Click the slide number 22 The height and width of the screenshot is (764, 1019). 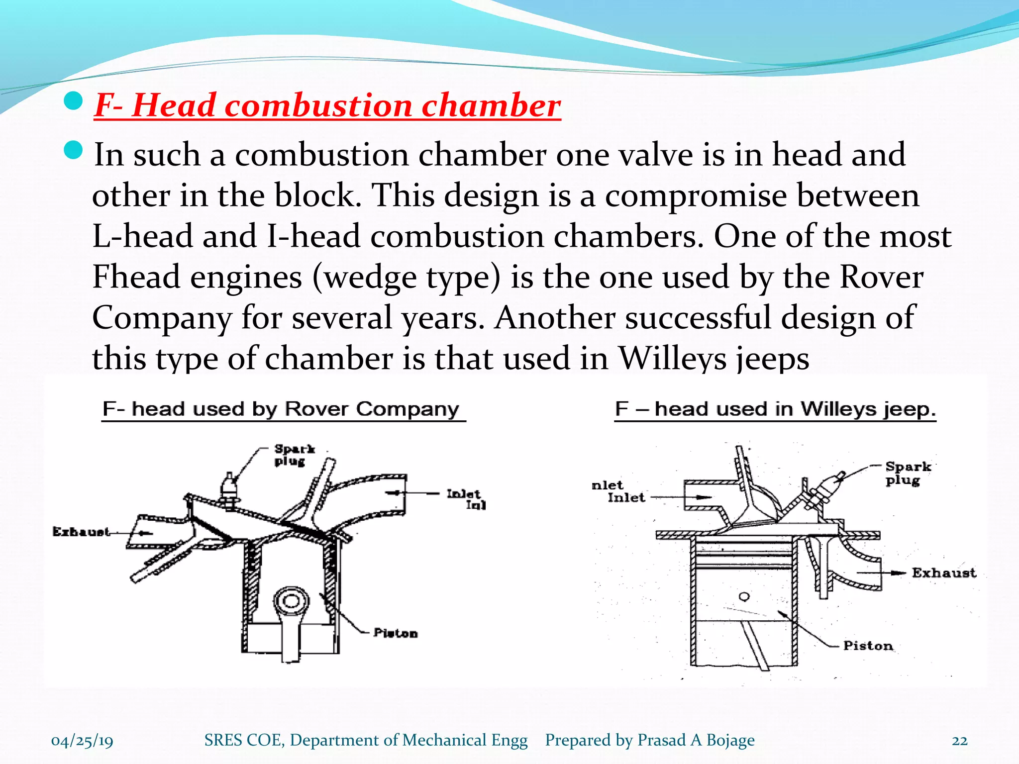click(959, 741)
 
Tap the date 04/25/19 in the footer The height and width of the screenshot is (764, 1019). click(82, 741)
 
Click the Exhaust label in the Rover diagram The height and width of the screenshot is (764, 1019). click(81, 532)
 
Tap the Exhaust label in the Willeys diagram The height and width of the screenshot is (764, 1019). click(944, 573)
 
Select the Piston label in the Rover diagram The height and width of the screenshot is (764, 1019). click(396, 633)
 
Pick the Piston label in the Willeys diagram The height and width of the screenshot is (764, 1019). click(868, 646)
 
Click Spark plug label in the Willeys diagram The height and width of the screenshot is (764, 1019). click(908, 473)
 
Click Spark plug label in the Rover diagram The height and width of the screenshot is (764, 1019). click(295, 455)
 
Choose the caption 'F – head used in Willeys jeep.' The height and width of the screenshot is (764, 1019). click(775, 409)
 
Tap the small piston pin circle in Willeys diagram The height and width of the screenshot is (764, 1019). click(744, 596)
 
